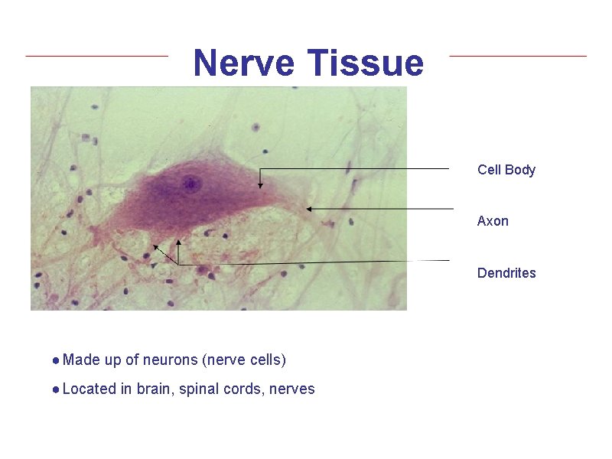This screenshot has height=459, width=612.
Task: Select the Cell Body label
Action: coord(506,170)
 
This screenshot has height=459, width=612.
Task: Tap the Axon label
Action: coord(492,221)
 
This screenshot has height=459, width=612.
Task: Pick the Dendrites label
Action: coord(506,273)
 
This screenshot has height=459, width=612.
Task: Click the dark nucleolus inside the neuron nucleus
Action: coord(190,184)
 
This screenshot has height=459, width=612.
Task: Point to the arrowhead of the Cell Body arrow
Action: coord(260,184)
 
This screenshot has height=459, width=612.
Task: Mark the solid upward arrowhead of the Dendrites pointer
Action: coord(178,244)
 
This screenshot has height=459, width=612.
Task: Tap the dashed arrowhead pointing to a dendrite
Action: coord(156,247)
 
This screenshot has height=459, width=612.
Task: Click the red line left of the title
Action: coord(96,55)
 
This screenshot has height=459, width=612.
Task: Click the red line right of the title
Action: coord(517,55)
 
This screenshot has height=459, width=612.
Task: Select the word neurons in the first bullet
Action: coord(170,360)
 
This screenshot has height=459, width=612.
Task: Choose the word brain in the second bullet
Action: coord(155,389)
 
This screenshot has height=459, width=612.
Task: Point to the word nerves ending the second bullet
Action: coord(292,389)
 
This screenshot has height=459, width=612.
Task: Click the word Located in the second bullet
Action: coord(90,389)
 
